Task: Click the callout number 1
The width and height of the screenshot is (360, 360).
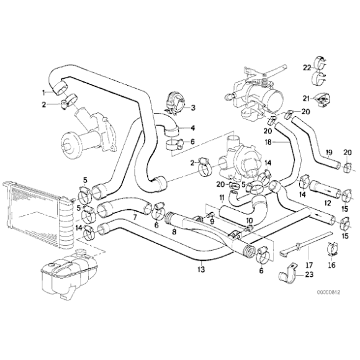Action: (43, 92)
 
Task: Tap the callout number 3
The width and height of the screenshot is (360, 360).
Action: (192, 107)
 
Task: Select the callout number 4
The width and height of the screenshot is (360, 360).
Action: (192, 128)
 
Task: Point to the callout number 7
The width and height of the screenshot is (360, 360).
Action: (133, 218)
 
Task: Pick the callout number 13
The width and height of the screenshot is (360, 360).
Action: (200, 269)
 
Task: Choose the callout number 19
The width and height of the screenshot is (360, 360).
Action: (329, 152)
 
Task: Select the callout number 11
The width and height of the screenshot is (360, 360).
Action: (221, 197)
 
